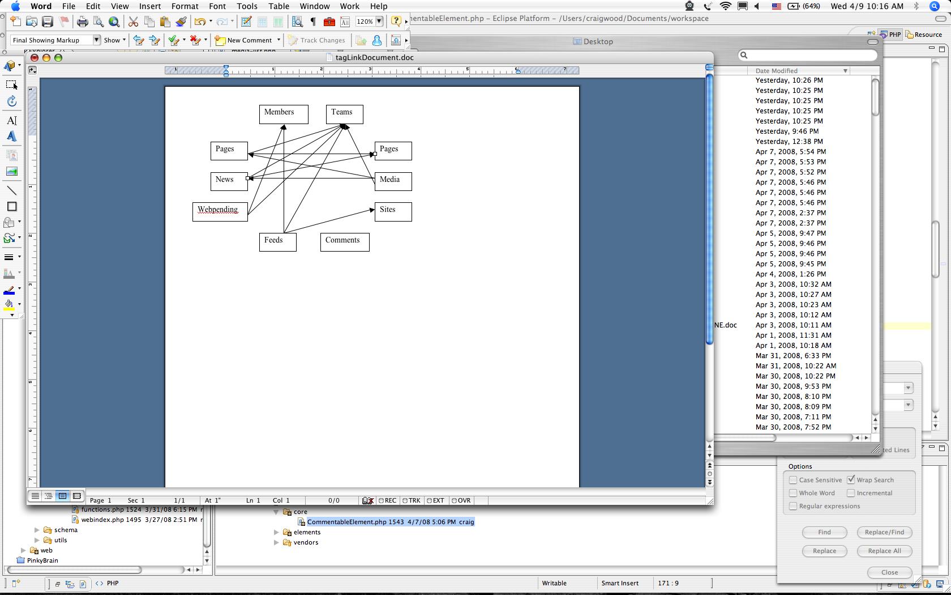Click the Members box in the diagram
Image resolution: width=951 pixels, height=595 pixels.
coord(284,114)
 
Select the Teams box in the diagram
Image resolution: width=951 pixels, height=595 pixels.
coord(344,114)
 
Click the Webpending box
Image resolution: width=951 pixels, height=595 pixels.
coord(220,212)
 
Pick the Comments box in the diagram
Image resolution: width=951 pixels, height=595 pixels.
coord(345,242)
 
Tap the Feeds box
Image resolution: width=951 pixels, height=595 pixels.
coord(277,242)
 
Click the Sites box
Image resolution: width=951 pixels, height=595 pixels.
coord(393,212)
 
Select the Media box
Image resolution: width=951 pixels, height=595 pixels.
coord(393,181)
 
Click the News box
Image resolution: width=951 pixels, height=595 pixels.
coord(229,181)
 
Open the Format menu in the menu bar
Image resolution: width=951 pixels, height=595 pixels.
coord(185,6)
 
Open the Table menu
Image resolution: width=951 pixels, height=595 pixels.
coord(279,6)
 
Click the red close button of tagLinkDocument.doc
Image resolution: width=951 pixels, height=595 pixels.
coord(35,58)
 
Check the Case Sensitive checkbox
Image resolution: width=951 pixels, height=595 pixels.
coord(792,480)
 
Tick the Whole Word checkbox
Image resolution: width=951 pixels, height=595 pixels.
coord(792,493)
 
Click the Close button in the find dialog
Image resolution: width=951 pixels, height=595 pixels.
coord(889,572)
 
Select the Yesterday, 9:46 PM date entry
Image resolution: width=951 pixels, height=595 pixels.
coord(787,131)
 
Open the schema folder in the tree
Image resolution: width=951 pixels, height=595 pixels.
coord(66,530)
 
